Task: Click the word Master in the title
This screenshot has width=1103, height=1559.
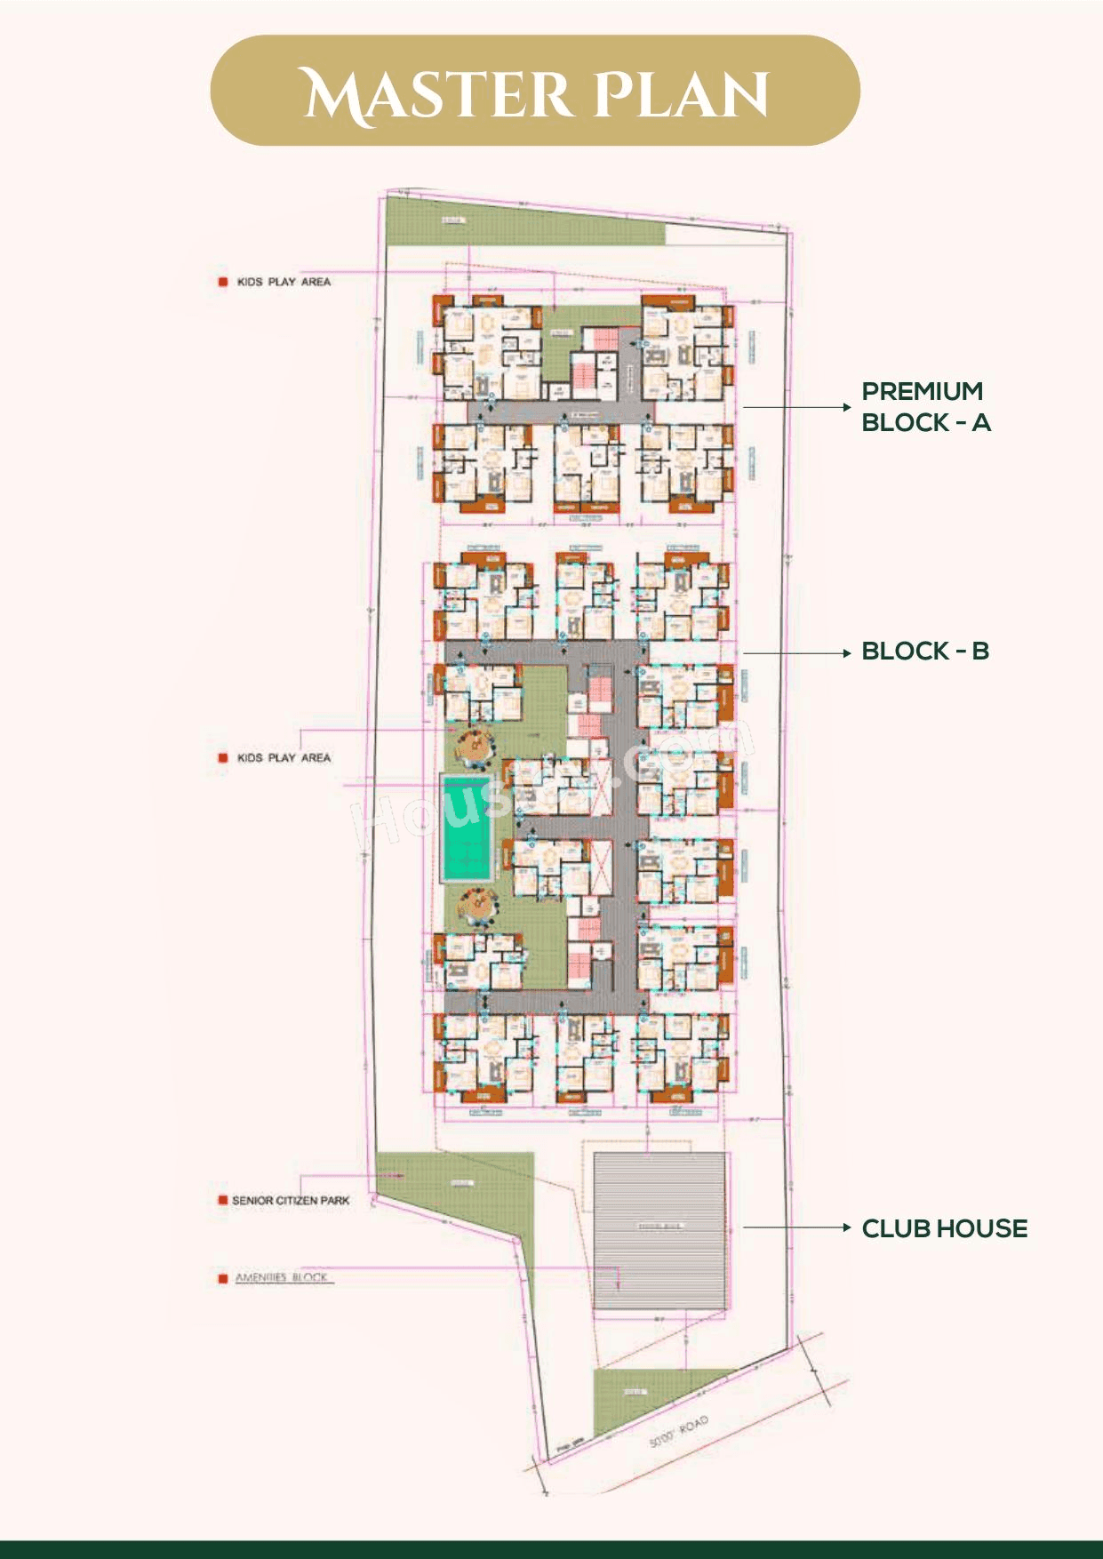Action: point(436,93)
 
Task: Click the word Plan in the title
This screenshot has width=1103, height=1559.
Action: point(679,93)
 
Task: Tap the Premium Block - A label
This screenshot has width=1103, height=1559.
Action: point(925,406)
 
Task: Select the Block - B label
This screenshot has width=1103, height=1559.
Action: point(924,651)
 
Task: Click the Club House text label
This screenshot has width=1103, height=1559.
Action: point(944,1228)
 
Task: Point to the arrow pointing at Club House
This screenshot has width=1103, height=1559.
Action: point(796,1227)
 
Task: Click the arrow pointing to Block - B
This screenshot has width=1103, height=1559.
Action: point(796,652)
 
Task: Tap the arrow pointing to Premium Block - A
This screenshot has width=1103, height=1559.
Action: point(796,407)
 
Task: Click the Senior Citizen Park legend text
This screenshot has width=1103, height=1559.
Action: point(291,1200)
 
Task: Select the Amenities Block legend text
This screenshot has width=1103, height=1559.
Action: point(282,1277)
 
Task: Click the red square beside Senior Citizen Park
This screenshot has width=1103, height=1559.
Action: point(223,1200)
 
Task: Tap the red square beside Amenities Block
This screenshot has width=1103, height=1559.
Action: point(223,1278)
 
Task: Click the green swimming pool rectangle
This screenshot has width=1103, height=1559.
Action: point(467,828)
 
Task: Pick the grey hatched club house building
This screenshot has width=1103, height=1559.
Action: point(660,1231)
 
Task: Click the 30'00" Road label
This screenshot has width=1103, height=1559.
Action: point(678,1432)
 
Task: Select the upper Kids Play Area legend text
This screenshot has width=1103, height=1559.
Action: point(284,282)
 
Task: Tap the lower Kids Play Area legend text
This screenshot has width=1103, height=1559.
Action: point(284,758)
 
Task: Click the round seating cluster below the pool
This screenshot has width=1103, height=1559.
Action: point(475,906)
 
